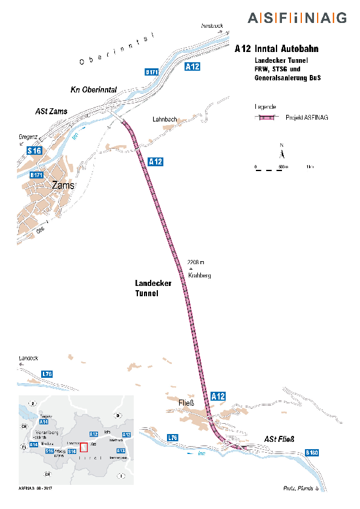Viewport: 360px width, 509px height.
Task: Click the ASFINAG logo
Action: (x=297, y=18)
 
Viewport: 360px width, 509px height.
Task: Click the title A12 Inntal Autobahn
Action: (x=277, y=49)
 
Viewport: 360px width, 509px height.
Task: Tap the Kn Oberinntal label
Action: (x=94, y=89)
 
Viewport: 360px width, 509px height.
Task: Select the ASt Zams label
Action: (x=51, y=111)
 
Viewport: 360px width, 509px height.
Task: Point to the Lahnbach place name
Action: (x=165, y=120)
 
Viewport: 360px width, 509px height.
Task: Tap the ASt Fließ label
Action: (x=278, y=439)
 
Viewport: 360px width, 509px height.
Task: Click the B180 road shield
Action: (x=312, y=452)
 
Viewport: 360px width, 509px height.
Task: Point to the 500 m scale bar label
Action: (x=282, y=166)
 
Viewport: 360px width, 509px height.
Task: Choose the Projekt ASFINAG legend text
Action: (x=303, y=117)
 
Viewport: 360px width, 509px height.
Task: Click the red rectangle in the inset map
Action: (x=83, y=443)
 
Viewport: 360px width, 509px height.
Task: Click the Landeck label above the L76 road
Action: (x=28, y=358)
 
